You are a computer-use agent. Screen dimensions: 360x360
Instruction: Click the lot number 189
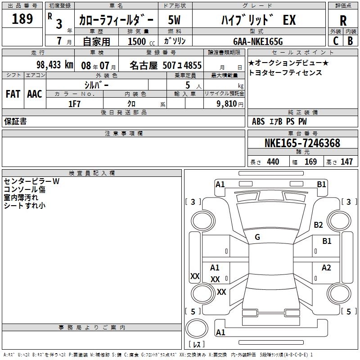pos(22,18)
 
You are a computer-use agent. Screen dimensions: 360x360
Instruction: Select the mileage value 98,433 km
pos(55,65)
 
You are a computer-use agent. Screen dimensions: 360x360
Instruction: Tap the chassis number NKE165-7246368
pos(302,143)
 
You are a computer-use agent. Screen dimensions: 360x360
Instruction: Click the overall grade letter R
pos(343,21)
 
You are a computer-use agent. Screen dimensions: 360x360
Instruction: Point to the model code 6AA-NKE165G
pos(258,41)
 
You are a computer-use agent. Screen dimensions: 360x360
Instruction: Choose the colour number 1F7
pos(74,104)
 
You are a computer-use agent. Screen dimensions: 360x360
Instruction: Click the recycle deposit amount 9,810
pos(227,104)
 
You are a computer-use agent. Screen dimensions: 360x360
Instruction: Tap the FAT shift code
pos(13,94)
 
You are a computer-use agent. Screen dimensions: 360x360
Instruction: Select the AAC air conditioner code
pos(35,94)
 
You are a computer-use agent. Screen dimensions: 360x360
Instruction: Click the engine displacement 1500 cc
pos(141,41)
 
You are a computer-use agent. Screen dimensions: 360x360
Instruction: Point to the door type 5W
pos(174,20)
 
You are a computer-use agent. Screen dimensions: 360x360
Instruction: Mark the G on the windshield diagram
pos(257,237)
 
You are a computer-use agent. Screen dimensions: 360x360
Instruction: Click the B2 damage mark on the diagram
pos(318,225)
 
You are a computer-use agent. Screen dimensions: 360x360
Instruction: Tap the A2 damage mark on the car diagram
pos(326,267)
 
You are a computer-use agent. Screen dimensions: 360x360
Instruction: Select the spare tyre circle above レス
pos(197,328)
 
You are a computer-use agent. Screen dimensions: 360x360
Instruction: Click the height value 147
pos(346,162)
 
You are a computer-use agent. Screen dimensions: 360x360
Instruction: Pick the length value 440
pos(273,162)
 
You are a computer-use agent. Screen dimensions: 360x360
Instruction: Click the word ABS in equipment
pos(258,121)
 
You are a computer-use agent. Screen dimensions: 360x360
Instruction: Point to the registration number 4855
pos(193,65)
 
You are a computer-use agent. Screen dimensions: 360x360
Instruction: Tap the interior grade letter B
pos(350,41)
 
